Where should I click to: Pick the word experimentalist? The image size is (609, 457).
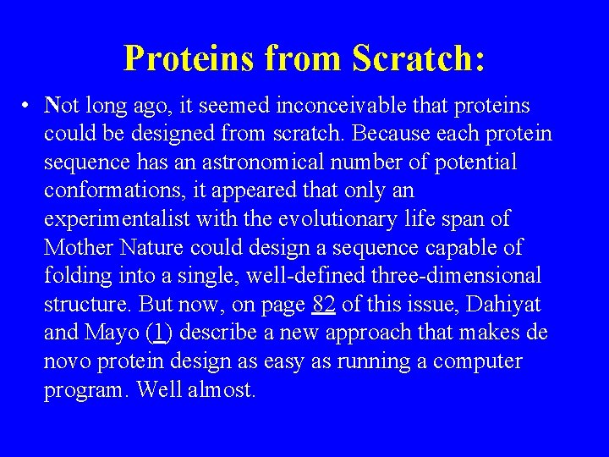(x=118, y=219)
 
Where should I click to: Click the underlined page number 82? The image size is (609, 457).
(x=324, y=305)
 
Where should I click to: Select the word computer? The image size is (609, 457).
(x=478, y=362)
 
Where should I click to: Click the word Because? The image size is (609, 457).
(x=397, y=135)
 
